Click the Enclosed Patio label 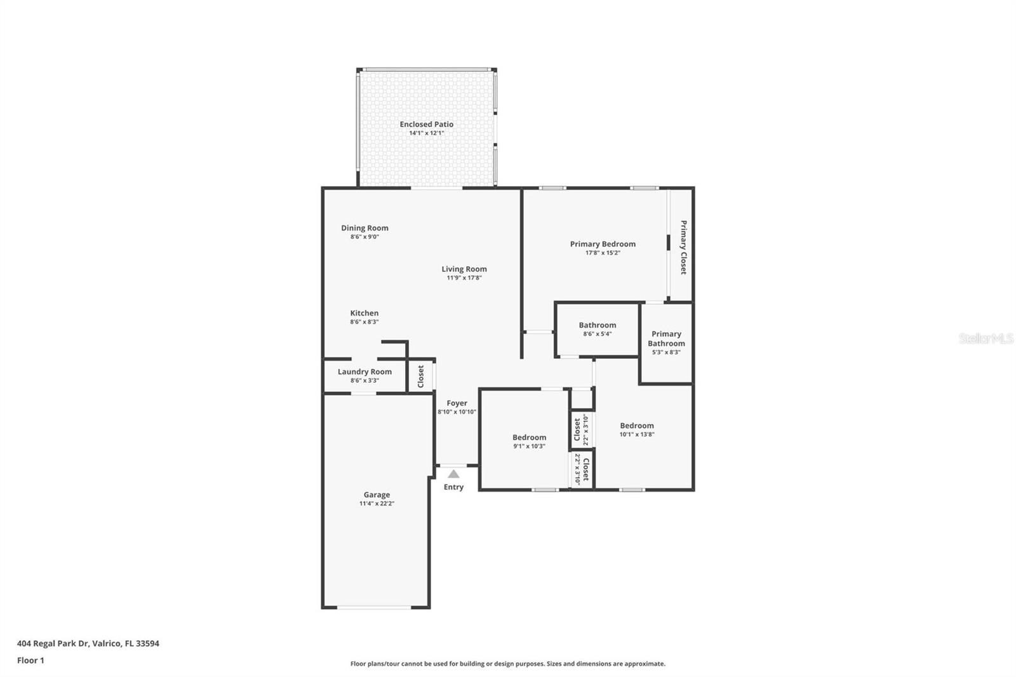click(x=426, y=124)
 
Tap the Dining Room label click(x=364, y=228)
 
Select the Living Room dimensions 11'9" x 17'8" click(x=464, y=278)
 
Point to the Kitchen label click(x=364, y=313)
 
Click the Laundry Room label click(x=364, y=372)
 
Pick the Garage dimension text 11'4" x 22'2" click(x=377, y=504)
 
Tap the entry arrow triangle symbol click(x=453, y=474)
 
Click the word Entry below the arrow click(x=453, y=487)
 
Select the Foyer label click(x=457, y=403)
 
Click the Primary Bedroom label click(x=602, y=244)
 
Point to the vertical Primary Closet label click(x=683, y=247)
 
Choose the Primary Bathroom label click(x=666, y=338)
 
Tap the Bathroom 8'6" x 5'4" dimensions click(x=597, y=334)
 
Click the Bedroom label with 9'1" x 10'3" click(x=529, y=437)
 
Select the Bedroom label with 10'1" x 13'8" click(x=636, y=426)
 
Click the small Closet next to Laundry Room click(x=420, y=376)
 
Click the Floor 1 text click(x=30, y=660)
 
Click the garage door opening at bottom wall click(x=375, y=608)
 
